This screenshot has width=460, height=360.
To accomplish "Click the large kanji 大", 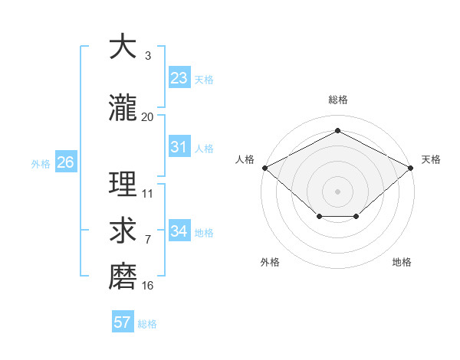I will click(123, 47).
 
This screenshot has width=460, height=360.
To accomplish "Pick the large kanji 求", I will click(123, 231).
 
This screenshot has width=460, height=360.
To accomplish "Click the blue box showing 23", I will click(179, 78).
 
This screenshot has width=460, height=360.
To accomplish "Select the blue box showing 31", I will click(179, 147).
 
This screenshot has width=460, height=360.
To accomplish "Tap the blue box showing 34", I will click(179, 231).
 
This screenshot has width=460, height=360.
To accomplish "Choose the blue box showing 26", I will click(65, 162).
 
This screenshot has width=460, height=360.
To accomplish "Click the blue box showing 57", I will click(123, 322).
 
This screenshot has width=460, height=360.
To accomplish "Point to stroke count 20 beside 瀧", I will click(148, 116).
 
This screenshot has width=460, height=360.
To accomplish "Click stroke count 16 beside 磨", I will click(148, 286).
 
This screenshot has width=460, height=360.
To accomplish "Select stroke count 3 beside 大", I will click(148, 56).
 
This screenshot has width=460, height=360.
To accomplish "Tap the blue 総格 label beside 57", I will click(147, 324).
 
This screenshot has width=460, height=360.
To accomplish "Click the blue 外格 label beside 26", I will click(41, 163).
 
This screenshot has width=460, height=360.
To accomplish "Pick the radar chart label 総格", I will click(337, 100).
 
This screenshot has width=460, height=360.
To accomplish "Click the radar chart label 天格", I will click(431, 159).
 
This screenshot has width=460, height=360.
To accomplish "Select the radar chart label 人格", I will click(245, 159).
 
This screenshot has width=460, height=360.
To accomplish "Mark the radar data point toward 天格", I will click(412, 167).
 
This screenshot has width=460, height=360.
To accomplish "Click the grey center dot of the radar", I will click(337, 191).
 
